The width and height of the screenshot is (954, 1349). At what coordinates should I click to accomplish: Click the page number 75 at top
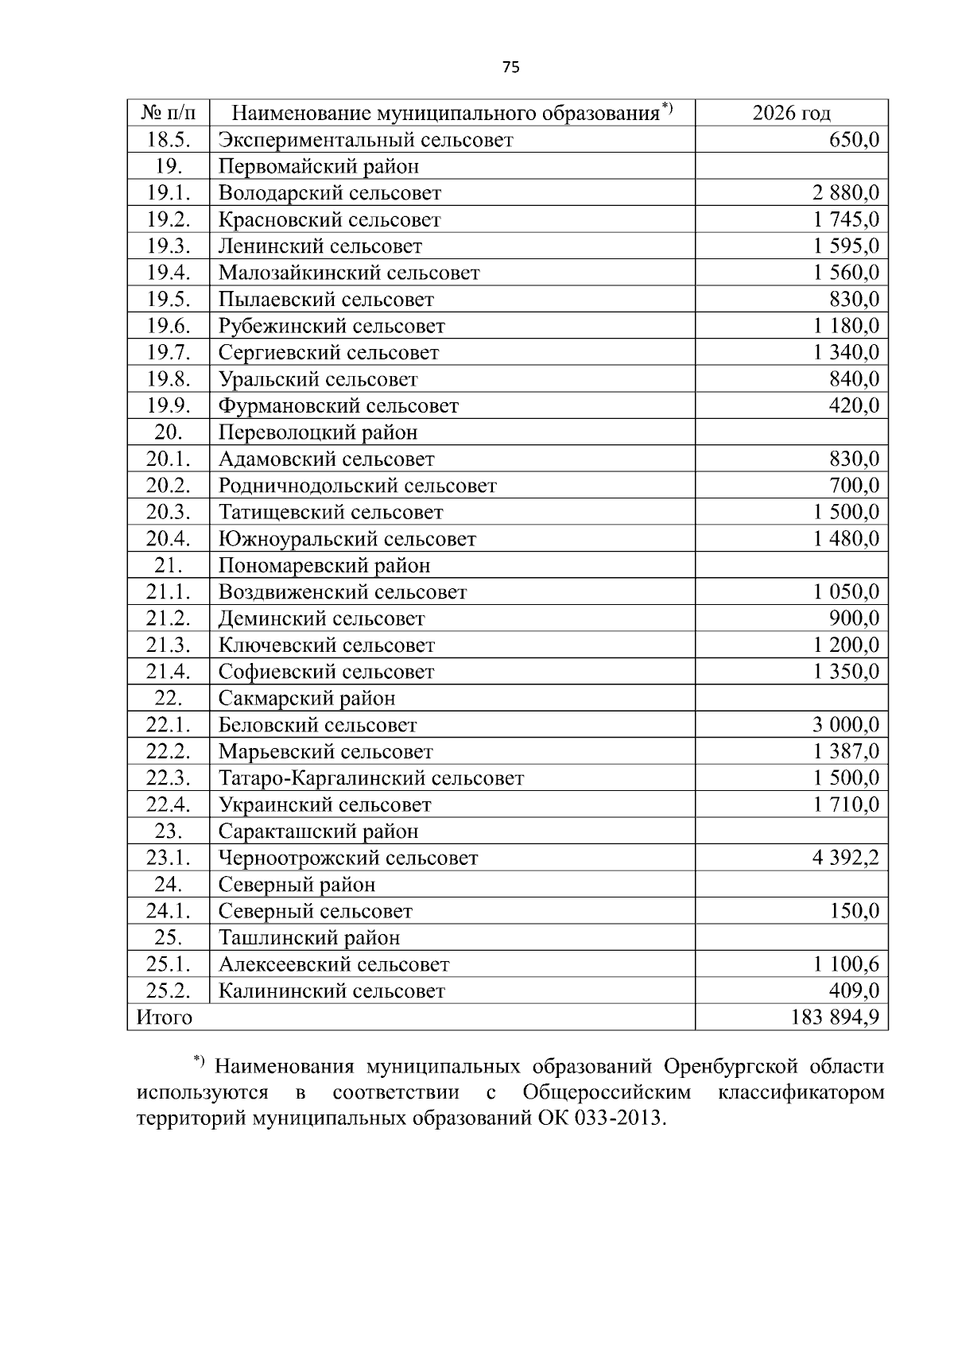point(511,68)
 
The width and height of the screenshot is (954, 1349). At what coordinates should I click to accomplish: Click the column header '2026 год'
point(791,114)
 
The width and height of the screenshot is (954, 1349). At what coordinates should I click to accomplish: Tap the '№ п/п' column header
point(168,114)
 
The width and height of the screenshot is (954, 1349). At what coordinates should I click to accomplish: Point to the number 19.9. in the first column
point(168,406)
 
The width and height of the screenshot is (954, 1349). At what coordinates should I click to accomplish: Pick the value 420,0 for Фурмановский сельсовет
point(854,406)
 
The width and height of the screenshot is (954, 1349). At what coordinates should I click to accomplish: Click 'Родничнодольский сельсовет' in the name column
point(357,486)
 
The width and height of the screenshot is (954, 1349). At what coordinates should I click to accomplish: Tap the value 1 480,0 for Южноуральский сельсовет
point(846,539)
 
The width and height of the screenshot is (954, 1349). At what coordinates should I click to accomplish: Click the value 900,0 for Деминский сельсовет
point(854,618)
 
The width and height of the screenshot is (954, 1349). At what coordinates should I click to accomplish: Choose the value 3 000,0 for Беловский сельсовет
point(846,725)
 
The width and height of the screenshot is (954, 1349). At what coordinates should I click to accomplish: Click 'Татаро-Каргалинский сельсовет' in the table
point(370,778)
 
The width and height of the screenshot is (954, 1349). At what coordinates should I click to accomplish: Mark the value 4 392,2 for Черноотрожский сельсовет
point(846,859)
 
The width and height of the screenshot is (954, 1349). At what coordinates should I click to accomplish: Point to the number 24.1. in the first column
point(168,911)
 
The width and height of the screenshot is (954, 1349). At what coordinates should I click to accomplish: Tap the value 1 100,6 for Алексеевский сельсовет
point(846,964)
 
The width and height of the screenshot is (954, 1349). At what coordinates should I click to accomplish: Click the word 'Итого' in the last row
point(165,1018)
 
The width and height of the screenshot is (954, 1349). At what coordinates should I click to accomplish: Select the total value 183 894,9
point(835,1018)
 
